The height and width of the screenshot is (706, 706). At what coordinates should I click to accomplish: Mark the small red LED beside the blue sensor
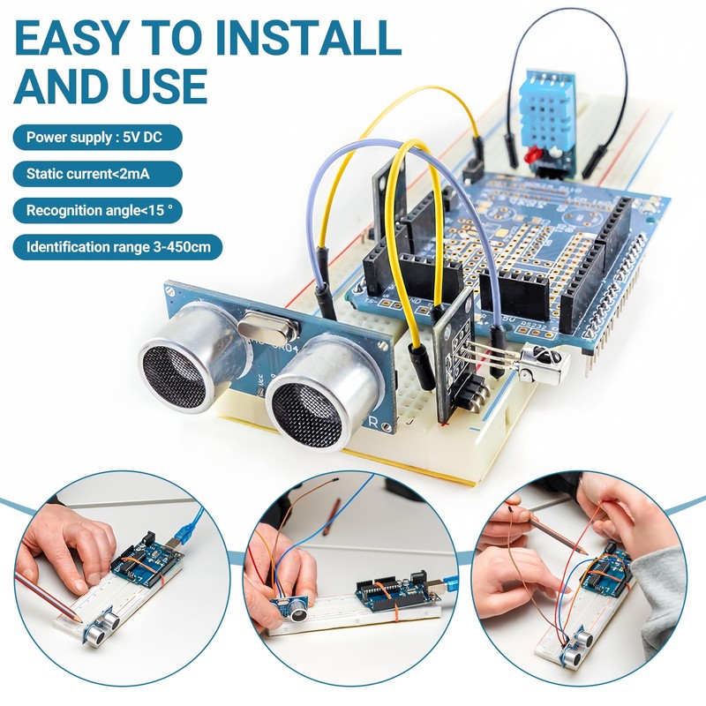pyautogui.click(x=532, y=156)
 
